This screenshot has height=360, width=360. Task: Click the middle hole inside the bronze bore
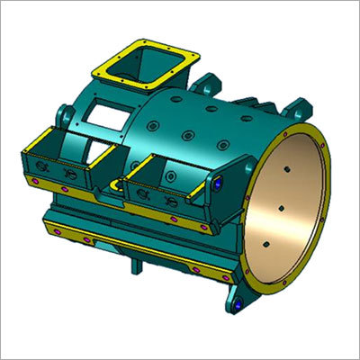pos(281,209)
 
